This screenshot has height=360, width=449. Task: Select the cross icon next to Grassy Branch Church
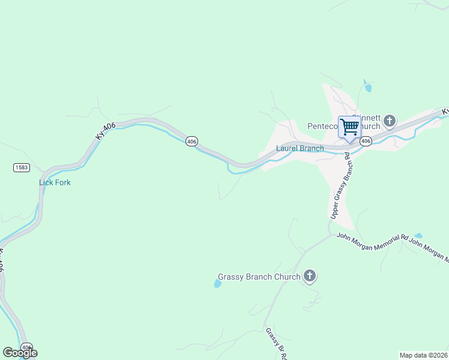[310, 277]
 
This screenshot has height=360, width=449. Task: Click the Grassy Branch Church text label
[259, 277]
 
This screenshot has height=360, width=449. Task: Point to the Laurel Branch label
[300, 148]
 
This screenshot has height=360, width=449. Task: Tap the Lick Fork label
[55, 182]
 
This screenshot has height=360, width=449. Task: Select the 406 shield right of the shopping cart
[366, 141]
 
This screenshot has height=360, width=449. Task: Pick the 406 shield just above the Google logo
[26, 347]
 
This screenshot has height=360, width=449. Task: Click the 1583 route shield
[22, 167]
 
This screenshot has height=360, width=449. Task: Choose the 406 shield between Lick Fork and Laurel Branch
[191, 141]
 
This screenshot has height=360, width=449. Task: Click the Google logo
[20, 352]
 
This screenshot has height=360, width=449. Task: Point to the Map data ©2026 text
[424, 355]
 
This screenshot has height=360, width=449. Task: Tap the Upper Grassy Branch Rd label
[340, 185]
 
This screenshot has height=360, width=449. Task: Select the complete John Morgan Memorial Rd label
[372, 242]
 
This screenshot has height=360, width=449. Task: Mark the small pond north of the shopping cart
[367, 88]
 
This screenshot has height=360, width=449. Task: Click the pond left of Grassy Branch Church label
[217, 284]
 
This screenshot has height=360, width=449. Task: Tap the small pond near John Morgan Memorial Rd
[418, 236]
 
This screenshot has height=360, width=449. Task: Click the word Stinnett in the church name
[366, 118]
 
